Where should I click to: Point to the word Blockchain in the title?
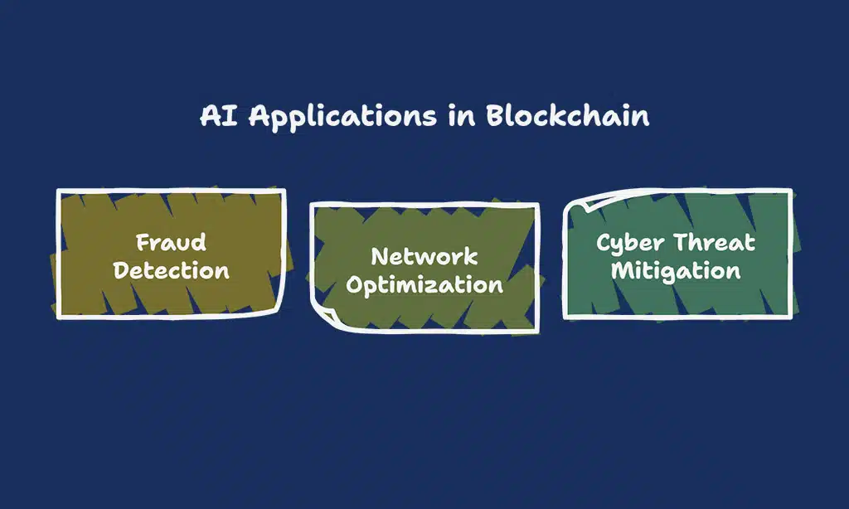pos(567,115)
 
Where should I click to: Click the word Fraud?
pos(171,243)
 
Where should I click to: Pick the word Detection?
pos(171,270)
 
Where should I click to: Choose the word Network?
pos(424,256)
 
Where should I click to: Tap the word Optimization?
pos(424,285)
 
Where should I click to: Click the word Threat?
pos(714,243)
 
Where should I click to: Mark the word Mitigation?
pos(676,270)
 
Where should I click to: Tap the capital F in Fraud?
pos(143,243)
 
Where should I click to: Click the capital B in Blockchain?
pos(493,115)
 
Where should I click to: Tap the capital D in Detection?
pos(122,270)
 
